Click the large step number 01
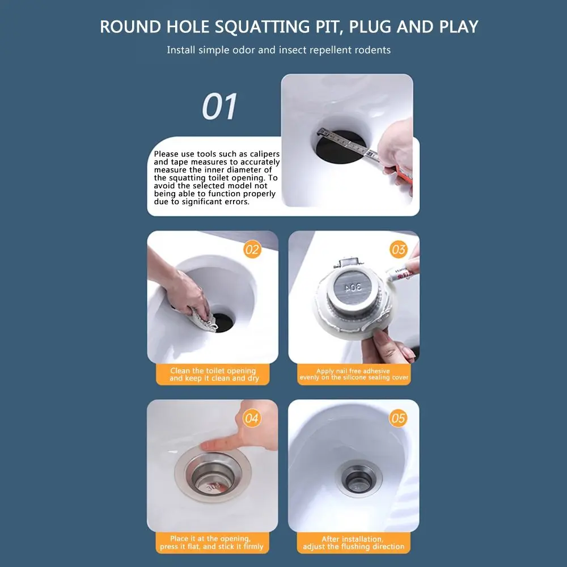(220, 107)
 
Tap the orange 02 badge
(252, 249)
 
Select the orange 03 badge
(399, 249)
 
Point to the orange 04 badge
(252, 418)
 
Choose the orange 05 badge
(399, 418)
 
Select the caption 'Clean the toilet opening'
(213, 371)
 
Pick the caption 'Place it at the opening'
(210, 539)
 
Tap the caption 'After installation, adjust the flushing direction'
(354, 543)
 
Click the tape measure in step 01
(346, 142)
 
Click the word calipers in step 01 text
(265, 154)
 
